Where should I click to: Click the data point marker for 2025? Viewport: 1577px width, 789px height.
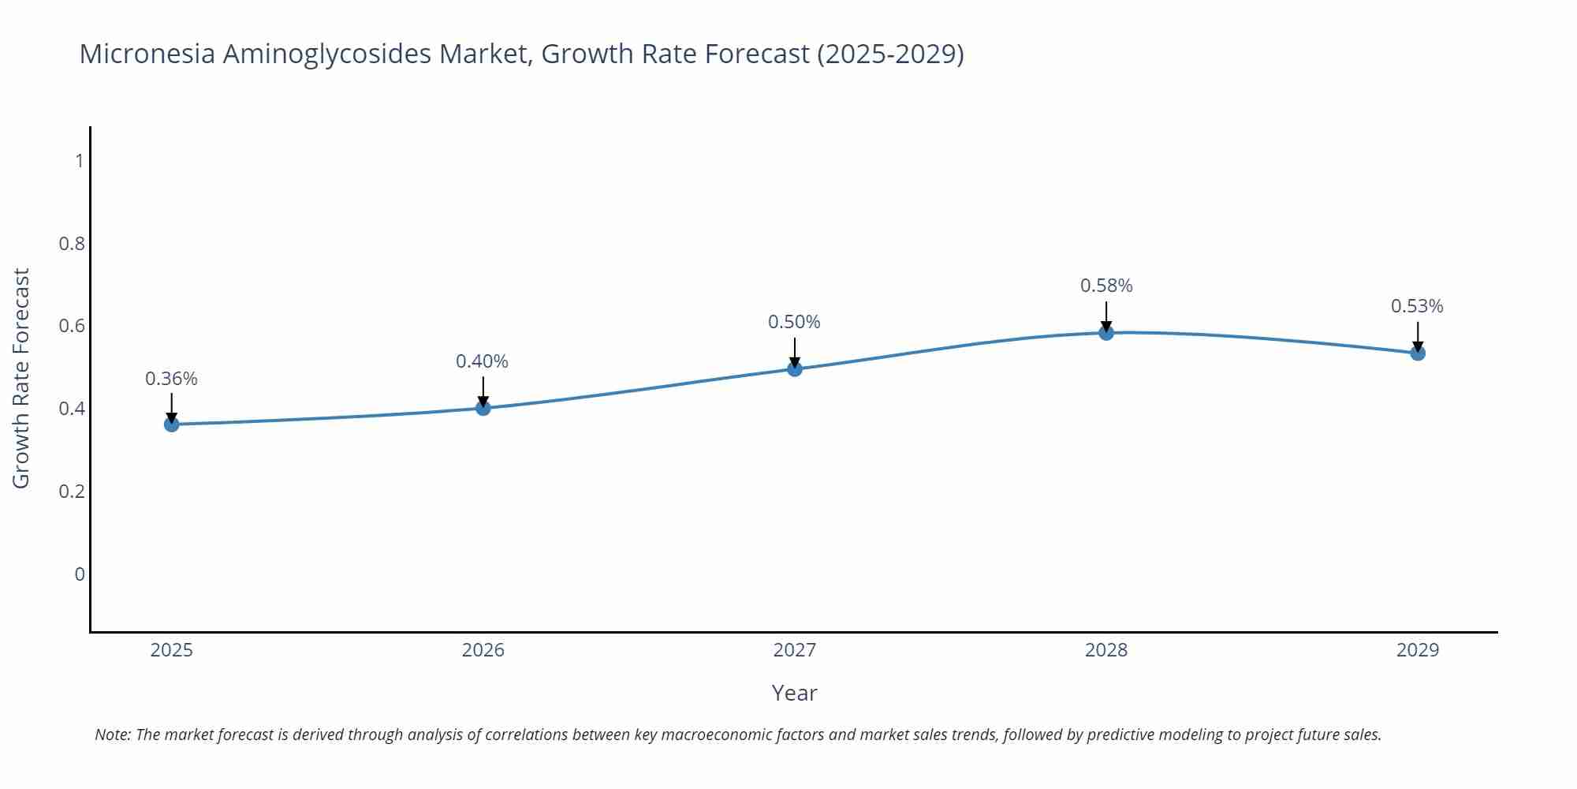172,424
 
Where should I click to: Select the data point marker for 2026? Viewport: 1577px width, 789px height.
483,408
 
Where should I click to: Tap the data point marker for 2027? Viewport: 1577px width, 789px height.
795,368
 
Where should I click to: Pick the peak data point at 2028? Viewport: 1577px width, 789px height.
1106,333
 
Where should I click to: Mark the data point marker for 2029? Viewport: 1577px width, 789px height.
1418,353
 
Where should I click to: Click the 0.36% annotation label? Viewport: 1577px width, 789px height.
171,379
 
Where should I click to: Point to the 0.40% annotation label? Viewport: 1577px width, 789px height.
482,361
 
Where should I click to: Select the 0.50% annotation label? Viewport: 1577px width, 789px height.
794,322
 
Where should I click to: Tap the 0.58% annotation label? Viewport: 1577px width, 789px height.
1106,286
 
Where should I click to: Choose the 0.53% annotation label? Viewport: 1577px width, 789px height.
1417,306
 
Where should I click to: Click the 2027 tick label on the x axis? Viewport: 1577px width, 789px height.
795,650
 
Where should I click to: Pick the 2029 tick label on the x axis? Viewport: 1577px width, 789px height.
1418,650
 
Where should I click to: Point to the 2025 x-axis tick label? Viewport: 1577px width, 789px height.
172,650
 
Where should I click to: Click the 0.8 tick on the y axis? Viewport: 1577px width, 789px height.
72,244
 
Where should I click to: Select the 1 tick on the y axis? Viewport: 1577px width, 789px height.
79,161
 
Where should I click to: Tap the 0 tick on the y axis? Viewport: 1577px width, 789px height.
79,574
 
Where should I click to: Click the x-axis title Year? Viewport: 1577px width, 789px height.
794,693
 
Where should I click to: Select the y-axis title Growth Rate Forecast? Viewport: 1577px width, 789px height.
21,378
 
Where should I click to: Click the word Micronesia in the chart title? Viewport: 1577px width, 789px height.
147,54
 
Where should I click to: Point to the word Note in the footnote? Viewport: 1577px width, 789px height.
112,735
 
